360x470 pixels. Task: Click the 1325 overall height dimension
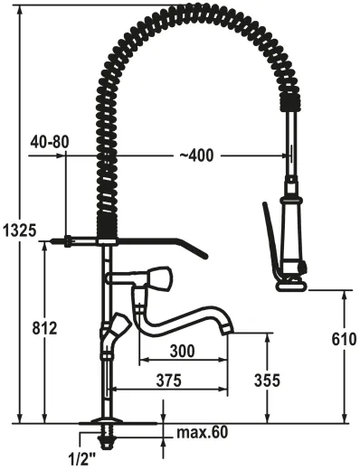(19, 231)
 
